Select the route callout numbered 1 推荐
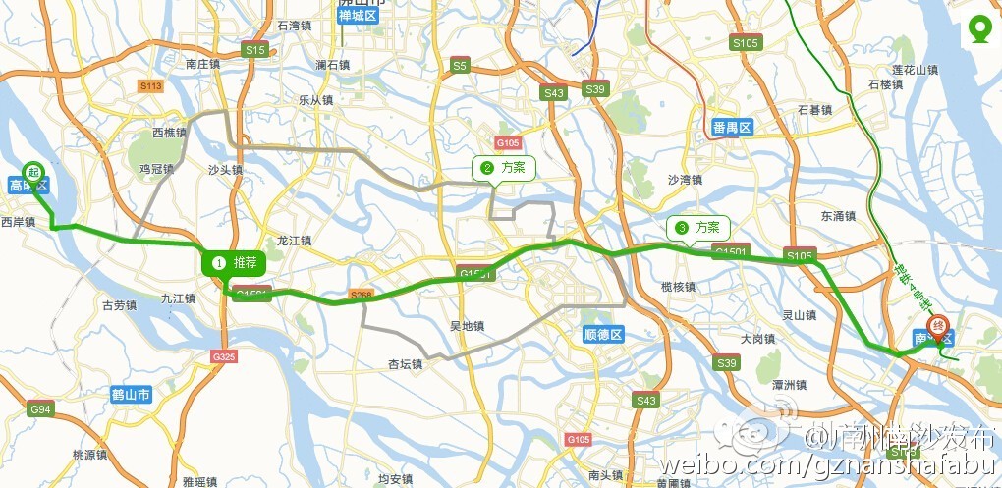coord(234,263)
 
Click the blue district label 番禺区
coord(732,128)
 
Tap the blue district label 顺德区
coord(602,335)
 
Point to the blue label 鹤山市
coord(131,396)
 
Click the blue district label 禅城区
coord(358,16)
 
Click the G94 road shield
coord(40,408)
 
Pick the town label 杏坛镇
coord(405,364)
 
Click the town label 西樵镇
coord(170,133)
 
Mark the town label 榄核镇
coord(678,287)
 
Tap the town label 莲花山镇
coord(915,71)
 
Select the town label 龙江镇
coord(294,241)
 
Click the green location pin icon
coord(979,29)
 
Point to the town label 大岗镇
coord(758,339)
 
